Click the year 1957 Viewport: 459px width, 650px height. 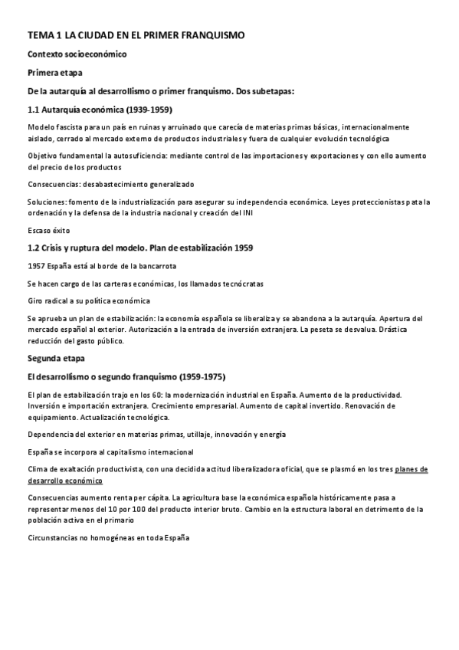[36, 265]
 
